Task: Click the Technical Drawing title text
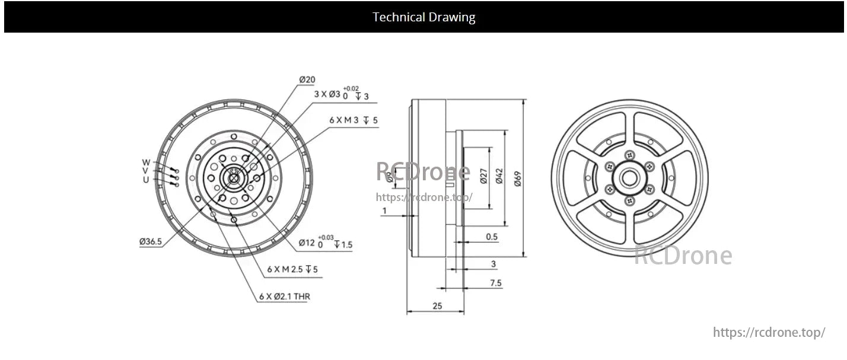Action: pos(423,17)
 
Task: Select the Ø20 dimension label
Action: pos(307,79)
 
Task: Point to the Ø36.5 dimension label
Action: pos(151,241)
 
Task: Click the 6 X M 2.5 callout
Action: pos(292,269)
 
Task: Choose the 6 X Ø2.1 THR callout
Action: pos(284,297)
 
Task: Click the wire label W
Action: pos(146,163)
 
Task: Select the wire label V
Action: pos(146,171)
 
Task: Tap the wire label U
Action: pos(146,180)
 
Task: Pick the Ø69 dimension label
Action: pos(517,179)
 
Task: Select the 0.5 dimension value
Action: pos(491,237)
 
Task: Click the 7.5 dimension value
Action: pos(495,283)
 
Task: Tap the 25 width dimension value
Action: pos(437,306)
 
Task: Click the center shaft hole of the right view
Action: pos(629,178)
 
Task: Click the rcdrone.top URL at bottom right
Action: pos(768,333)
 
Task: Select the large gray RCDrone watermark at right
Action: pos(683,256)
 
